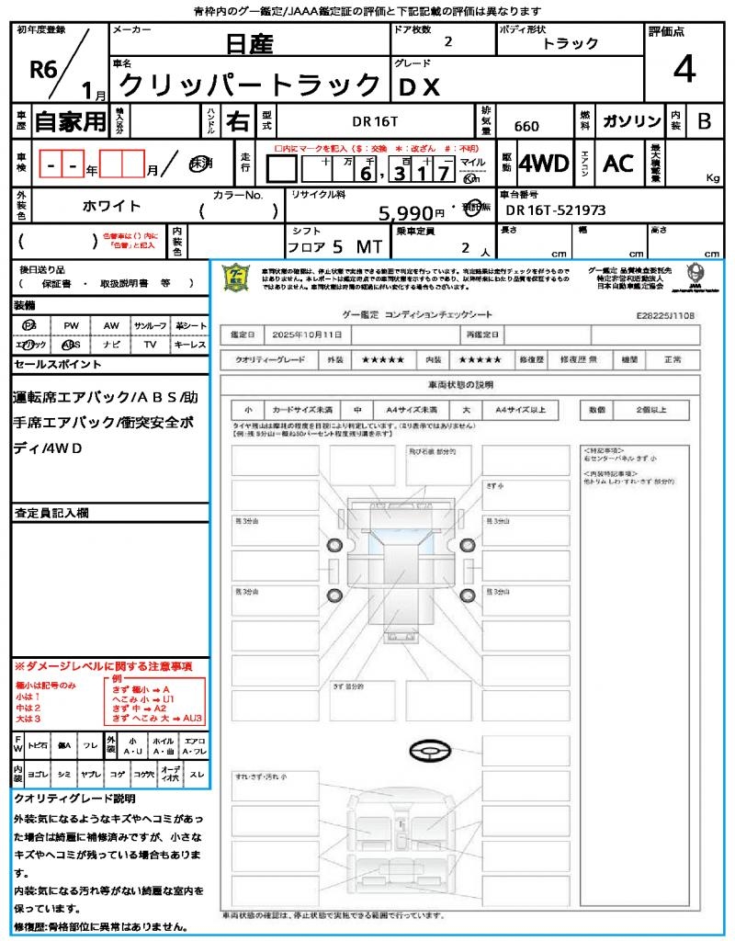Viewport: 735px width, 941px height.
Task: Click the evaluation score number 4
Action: point(683,69)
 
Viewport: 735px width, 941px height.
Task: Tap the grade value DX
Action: point(419,85)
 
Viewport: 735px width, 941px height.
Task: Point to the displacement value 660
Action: point(526,126)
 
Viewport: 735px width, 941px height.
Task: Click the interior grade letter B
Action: point(704,121)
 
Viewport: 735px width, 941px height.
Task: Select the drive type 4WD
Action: point(543,164)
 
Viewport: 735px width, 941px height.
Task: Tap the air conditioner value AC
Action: point(618,164)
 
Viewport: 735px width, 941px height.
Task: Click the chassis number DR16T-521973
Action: point(556,210)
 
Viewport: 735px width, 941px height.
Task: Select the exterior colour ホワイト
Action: point(114,207)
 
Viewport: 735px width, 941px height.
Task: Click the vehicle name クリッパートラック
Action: point(250,85)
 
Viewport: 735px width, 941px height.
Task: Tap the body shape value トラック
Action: point(571,43)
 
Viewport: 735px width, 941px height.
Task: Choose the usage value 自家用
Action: point(71,121)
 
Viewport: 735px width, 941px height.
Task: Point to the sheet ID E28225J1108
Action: point(665,315)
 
